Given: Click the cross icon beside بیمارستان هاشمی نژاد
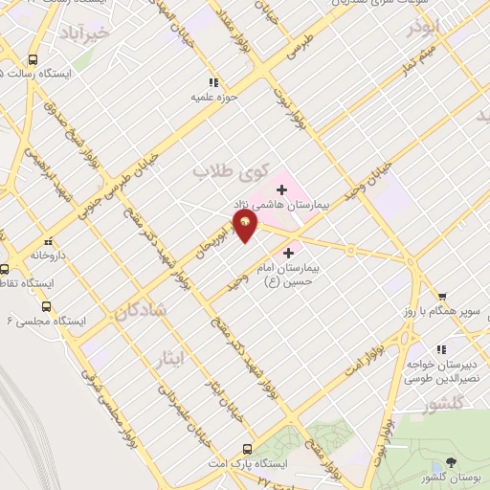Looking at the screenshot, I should point(281,189).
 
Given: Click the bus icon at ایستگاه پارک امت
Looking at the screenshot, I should point(248,449).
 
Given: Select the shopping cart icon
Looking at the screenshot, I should point(442,297).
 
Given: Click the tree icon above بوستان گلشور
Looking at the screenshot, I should point(452,464).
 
